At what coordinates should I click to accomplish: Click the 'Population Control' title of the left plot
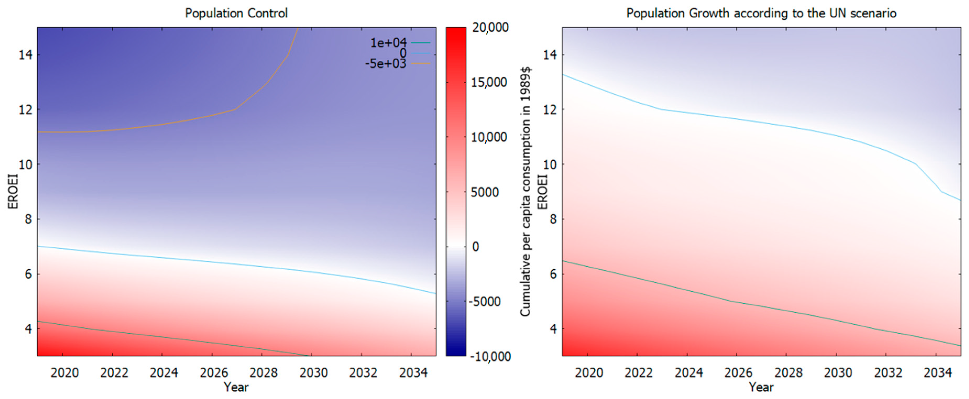tap(236, 13)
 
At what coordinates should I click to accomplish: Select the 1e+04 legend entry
tap(389, 43)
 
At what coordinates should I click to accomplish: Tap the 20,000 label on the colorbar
tap(490, 28)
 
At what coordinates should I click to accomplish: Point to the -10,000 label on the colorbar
tap(490, 356)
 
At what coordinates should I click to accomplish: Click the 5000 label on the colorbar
tap(485, 192)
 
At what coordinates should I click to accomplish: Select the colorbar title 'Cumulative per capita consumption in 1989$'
tap(525, 191)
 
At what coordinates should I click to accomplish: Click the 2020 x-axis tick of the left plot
tap(65, 373)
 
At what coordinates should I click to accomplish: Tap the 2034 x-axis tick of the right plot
tap(938, 373)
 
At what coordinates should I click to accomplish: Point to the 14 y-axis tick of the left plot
tap(25, 55)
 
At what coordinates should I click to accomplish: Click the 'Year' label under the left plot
tap(236, 387)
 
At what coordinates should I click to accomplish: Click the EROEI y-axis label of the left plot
tap(13, 191)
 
